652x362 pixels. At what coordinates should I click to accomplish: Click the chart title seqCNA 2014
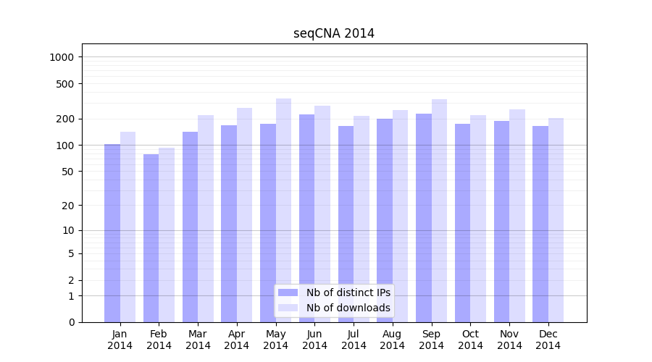click(334, 33)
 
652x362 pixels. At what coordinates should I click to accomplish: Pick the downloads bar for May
click(283, 210)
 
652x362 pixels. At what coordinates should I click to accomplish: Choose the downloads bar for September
click(439, 211)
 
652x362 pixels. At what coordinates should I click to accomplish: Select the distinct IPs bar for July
click(346, 224)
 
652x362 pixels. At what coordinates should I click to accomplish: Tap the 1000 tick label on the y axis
click(62, 57)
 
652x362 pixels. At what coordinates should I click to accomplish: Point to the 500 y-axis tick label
click(65, 84)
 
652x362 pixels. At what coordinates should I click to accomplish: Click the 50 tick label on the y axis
click(68, 172)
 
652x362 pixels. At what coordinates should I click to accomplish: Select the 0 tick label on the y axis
click(71, 322)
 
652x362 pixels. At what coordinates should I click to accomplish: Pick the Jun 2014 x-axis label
click(314, 340)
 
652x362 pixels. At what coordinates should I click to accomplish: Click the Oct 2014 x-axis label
click(470, 340)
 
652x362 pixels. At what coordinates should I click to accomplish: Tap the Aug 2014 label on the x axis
click(393, 340)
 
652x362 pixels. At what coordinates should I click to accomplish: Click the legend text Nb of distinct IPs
click(348, 292)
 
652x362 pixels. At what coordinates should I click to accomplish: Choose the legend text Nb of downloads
click(348, 308)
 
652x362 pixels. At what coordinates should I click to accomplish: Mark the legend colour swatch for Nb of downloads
click(288, 308)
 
